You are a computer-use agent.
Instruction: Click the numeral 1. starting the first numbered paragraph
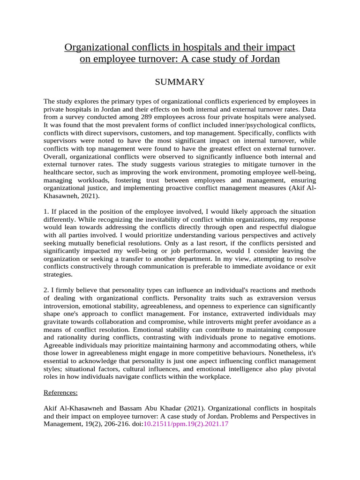(46, 211)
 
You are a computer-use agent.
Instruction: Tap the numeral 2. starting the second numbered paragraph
(46, 290)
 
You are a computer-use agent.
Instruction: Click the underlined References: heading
(61, 392)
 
